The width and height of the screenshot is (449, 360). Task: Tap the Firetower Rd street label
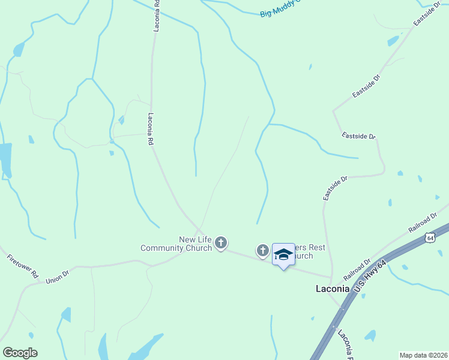(x=23, y=267)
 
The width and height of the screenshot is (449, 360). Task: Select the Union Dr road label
(x=58, y=277)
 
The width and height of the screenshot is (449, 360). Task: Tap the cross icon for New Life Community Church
(x=221, y=243)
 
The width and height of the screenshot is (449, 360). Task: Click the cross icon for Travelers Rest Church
(x=262, y=250)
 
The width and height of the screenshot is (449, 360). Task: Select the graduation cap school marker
(x=283, y=254)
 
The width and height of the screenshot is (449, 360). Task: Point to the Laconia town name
(x=333, y=288)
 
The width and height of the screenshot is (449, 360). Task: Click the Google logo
(x=20, y=353)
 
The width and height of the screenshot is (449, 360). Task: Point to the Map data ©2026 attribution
(x=423, y=355)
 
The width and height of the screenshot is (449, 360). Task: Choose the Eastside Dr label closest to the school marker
(x=335, y=188)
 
